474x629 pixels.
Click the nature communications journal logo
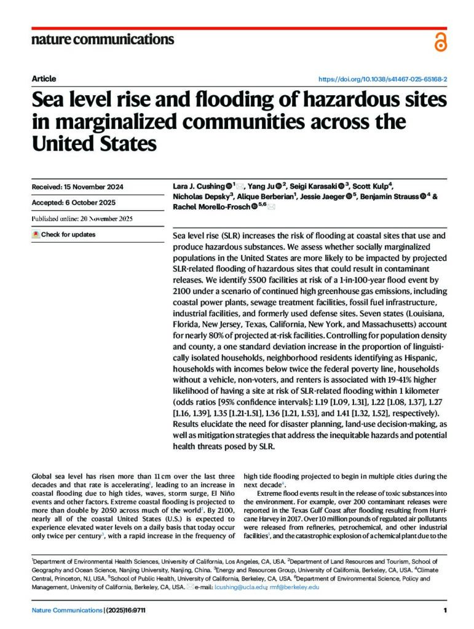pyautogui.click(x=102, y=40)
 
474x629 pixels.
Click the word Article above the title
pyautogui.click(x=44, y=79)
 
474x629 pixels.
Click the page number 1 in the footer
pyautogui.click(x=444, y=610)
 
